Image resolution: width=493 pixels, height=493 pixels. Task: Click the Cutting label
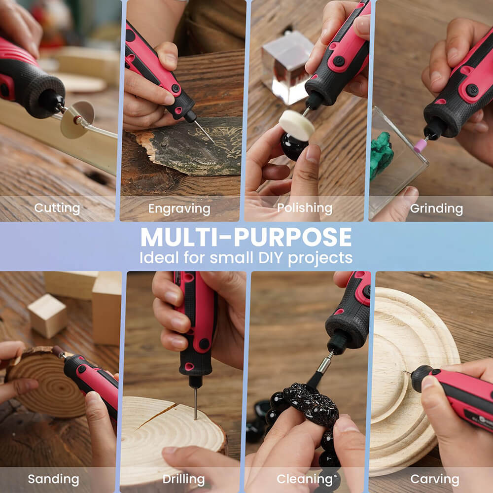pyautogui.click(x=57, y=208)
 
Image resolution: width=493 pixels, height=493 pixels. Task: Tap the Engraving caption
pyautogui.click(x=179, y=209)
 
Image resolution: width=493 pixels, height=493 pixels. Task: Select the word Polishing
pyautogui.click(x=305, y=208)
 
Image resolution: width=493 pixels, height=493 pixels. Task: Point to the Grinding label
pyautogui.click(x=436, y=209)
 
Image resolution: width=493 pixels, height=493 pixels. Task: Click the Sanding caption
pyautogui.click(x=53, y=479)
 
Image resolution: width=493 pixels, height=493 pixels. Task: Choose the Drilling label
pyautogui.click(x=183, y=479)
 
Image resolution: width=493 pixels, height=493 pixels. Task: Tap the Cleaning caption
pyautogui.click(x=301, y=479)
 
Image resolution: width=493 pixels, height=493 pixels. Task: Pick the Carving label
pyautogui.click(x=434, y=479)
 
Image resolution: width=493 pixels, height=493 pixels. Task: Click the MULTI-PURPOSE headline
pyautogui.click(x=246, y=238)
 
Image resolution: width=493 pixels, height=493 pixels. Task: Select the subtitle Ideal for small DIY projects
pyautogui.click(x=246, y=258)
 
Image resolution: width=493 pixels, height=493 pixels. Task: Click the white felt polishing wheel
pyautogui.click(x=296, y=125)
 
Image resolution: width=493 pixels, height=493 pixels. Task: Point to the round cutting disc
pyautogui.click(x=77, y=119)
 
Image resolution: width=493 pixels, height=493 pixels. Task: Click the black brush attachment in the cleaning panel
pyautogui.click(x=316, y=379)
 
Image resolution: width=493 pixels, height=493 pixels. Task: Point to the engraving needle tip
pyautogui.click(x=207, y=134)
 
